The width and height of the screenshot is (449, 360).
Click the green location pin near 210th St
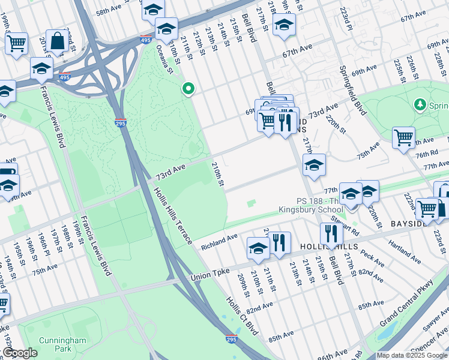pyautogui.click(x=188, y=89)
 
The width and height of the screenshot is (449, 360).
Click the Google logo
pyautogui.click(x=20, y=353)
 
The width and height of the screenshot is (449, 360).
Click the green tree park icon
pyautogui.click(x=420, y=106)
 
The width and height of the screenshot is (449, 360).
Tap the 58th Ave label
pyautogui.click(x=109, y=11)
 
